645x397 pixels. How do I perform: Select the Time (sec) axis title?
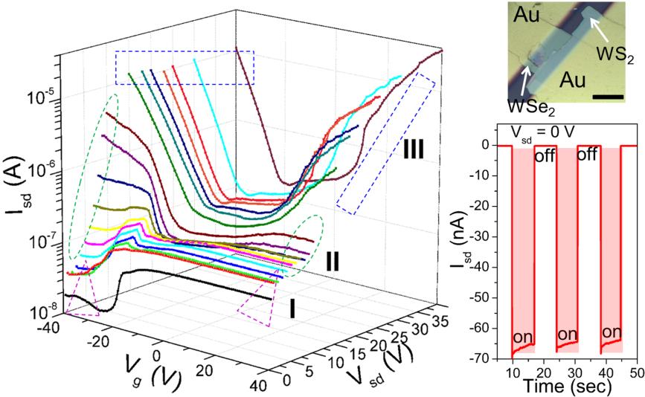coord(574,386)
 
